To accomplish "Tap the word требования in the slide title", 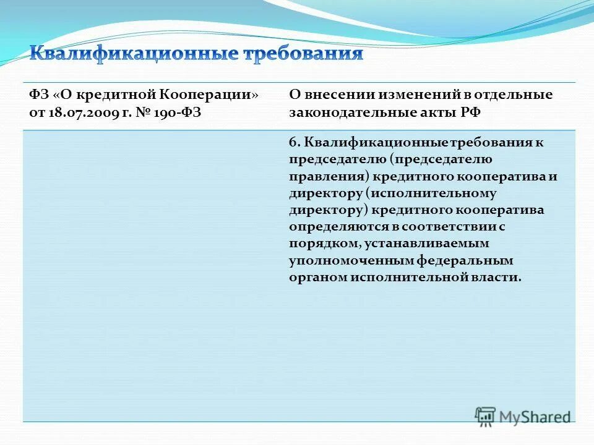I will pyautogui.click(x=303, y=54).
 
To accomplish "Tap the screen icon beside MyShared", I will pyautogui.click(x=485, y=417).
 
